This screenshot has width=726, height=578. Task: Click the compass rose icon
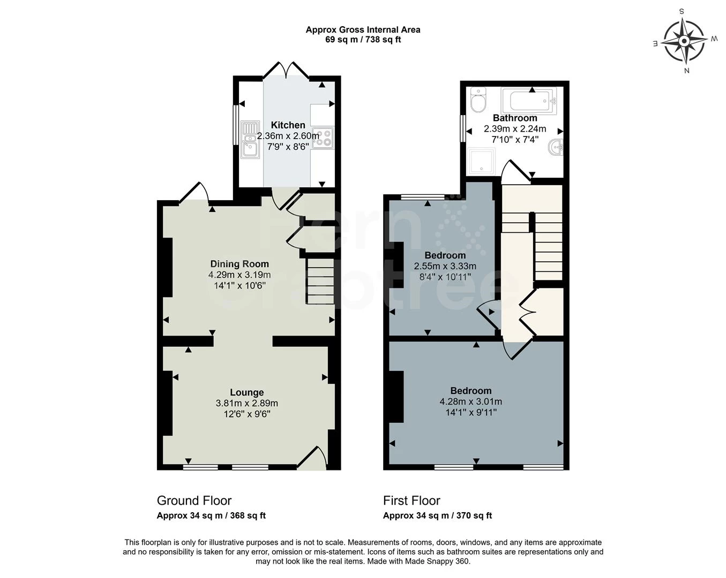pos(684,41)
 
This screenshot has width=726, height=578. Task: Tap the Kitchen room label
pos(288,125)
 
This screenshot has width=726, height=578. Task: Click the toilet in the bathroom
pos(477,101)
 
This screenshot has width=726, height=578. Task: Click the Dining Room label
pos(239,264)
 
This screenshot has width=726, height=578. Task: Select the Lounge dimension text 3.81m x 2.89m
pos(247,403)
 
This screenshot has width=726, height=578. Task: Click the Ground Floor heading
pos(194,500)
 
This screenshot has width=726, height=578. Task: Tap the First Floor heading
pos(411,500)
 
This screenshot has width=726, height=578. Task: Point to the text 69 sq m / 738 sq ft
pos(363,40)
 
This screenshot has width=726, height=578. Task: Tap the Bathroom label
pos(515,118)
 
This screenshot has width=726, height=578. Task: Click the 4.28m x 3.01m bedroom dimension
pos(470,401)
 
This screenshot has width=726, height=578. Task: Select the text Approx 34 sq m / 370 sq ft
pos(437,516)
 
